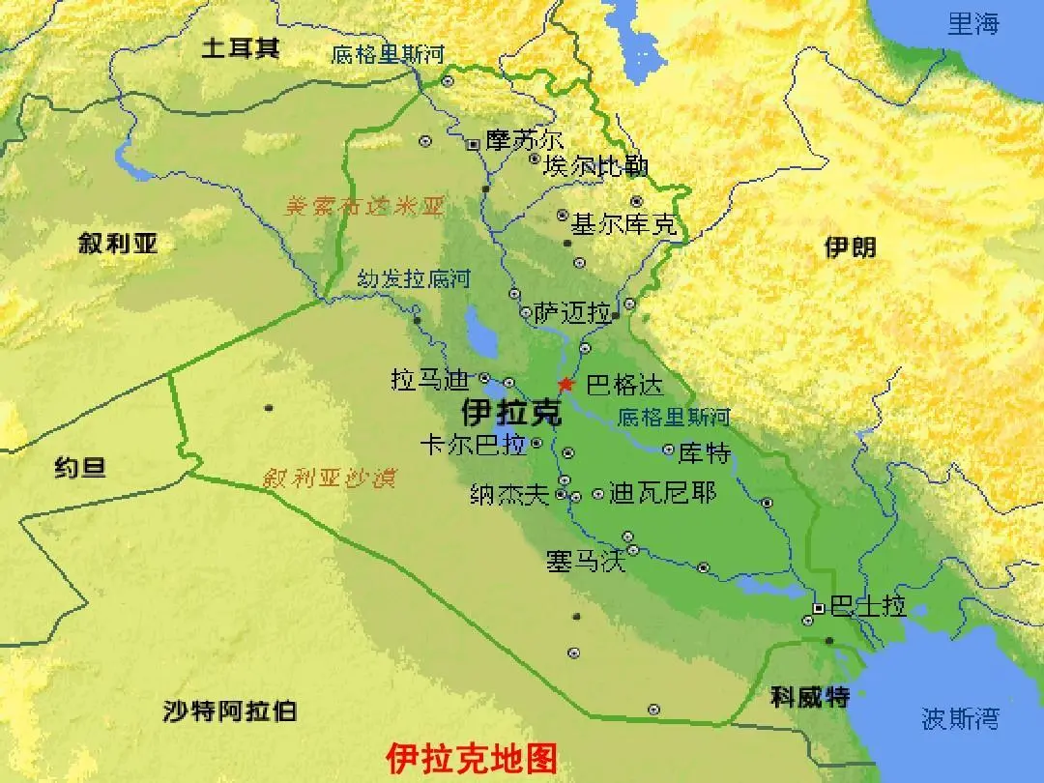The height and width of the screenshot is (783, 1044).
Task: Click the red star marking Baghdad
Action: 565,384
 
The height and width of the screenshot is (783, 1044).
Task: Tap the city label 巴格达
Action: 625,385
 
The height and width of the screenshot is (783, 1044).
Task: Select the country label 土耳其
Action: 240,48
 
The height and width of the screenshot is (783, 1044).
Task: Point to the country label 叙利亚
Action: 118,243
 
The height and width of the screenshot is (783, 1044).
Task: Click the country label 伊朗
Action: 850,246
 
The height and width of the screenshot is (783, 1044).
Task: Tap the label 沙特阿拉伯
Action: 230,712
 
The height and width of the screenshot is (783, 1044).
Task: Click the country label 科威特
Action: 810,696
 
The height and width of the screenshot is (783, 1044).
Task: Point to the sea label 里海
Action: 972,24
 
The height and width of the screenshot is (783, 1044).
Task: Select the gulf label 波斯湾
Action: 960,718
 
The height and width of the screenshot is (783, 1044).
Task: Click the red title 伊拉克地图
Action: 472,758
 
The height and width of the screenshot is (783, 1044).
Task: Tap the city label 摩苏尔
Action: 524,141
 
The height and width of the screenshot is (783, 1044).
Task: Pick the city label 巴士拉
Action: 868,607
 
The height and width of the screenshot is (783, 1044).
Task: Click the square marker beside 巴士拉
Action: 819,608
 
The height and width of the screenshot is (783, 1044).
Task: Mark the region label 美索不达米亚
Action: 364,206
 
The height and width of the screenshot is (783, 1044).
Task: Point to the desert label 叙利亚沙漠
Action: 329,478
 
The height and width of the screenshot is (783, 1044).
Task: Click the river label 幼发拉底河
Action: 413,280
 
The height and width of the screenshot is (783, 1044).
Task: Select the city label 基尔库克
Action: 623,225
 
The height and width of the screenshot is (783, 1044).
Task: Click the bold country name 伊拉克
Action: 511,413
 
